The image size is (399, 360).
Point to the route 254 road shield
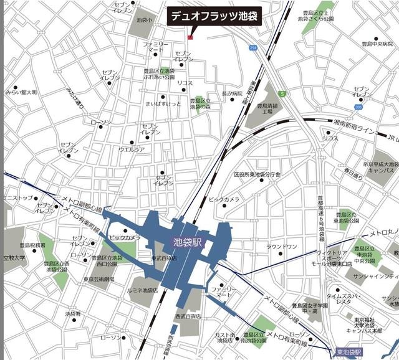pyautogui.click(x=252, y=48)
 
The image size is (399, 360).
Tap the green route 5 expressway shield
pyautogui.click(x=282, y=94)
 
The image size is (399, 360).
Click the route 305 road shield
pyautogui.click(x=358, y=107)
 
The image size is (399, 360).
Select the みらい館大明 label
pyautogui.click(x=21, y=92)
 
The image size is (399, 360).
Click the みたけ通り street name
pyautogui.click(x=75, y=98)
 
